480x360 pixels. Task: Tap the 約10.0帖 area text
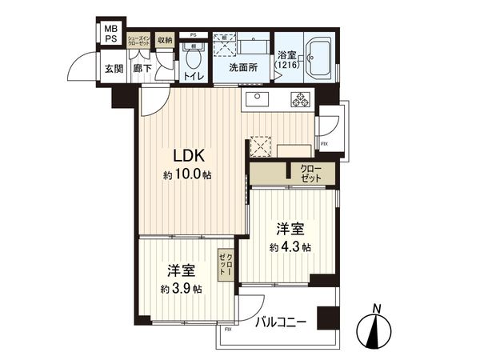[190, 174]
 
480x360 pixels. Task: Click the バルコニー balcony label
[281, 323]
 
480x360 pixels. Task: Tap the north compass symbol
[376, 327]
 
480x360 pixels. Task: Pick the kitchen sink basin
[258, 100]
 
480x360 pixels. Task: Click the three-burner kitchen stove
[302, 101]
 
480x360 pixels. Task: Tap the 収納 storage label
[165, 40]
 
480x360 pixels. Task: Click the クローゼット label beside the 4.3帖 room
[310, 172]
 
